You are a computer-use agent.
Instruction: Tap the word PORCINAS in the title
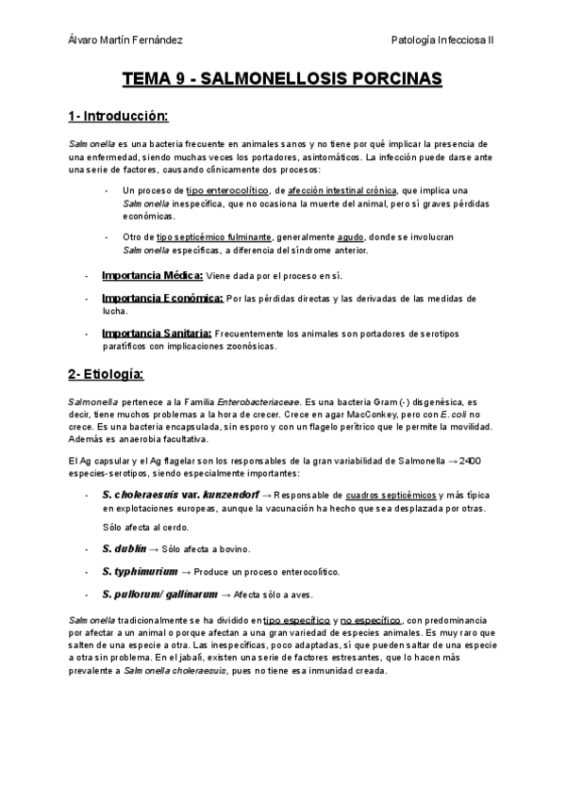[395, 80]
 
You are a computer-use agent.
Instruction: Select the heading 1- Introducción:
[117, 117]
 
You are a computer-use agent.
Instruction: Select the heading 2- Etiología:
[105, 375]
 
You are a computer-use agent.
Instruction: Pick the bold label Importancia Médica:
[152, 275]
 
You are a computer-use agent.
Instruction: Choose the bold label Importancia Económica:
[162, 299]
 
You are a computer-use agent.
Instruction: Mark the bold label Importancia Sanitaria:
[157, 334]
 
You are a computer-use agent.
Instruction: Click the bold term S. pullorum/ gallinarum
[158, 595]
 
